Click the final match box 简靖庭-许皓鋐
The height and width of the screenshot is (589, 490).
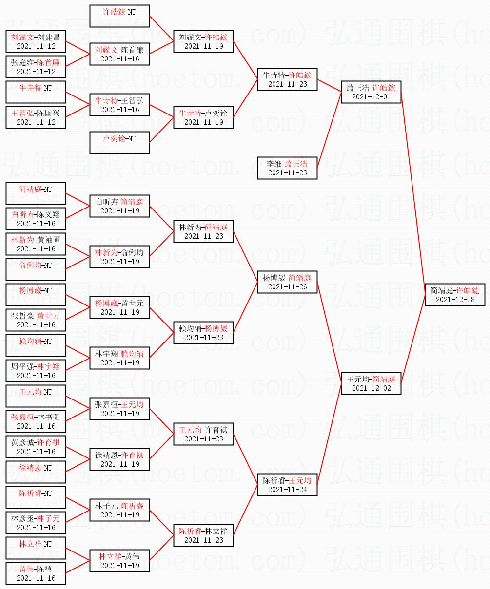point(455,295)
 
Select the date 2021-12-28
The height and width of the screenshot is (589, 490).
point(455,300)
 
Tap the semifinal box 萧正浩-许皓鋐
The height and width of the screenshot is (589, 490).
point(371,92)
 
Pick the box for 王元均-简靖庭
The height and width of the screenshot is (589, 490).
point(371,383)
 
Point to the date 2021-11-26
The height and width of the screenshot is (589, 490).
point(287,287)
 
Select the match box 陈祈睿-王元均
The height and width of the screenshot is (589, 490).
point(287,485)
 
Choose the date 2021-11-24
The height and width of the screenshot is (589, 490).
point(287,490)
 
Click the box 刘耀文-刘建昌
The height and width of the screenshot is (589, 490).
point(36,41)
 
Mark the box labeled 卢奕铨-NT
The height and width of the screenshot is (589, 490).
point(119,143)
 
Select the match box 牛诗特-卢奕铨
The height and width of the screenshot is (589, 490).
point(203,117)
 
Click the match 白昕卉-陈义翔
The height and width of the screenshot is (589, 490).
point(36,219)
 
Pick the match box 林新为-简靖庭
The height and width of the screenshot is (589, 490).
point(203,231)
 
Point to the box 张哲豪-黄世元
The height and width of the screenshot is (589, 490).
point(36,320)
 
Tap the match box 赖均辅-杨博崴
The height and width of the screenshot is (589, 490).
point(203,333)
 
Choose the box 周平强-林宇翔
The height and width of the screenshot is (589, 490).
point(36,371)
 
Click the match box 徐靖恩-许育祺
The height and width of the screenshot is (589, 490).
point(119,459)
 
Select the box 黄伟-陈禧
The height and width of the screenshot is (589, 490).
point(36,573)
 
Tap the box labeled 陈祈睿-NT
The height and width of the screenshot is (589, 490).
point(36,497)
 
